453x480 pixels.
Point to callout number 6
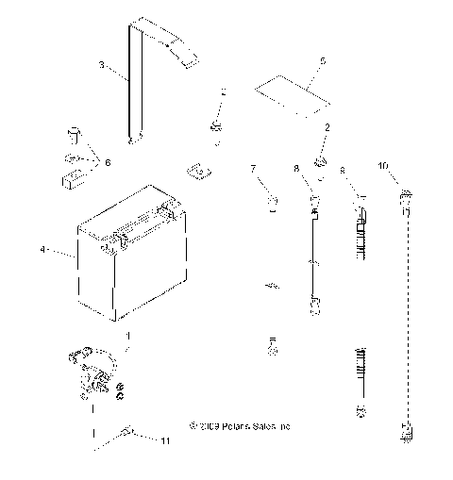(x=108, y=162)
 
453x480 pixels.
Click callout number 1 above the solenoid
(x=116, y=335)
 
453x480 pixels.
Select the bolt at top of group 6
(x=71, y=132)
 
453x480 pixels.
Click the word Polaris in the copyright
(x=232, y=427)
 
